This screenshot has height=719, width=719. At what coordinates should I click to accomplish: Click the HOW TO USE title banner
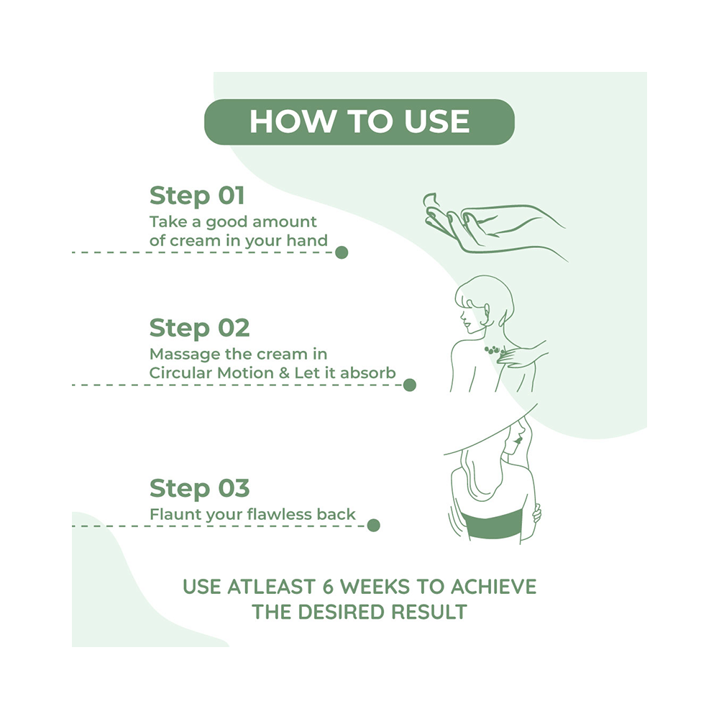point(359,122)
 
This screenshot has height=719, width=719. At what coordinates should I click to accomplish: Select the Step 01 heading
point(197,196)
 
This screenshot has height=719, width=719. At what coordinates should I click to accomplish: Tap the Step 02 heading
point(199,329)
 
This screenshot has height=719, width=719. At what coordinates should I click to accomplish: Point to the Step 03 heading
point(199,488)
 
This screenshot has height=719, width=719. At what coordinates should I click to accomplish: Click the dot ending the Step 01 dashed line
point(342,252)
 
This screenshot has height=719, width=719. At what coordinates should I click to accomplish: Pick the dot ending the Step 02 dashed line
point(410,385)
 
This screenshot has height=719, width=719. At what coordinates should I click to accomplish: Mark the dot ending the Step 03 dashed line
point(374,525)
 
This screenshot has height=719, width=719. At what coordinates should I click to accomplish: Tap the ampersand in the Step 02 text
point(284,372)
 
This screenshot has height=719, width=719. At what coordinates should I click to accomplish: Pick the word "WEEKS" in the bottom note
point(375,587)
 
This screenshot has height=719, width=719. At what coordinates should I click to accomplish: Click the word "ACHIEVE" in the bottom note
point(493,587)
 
